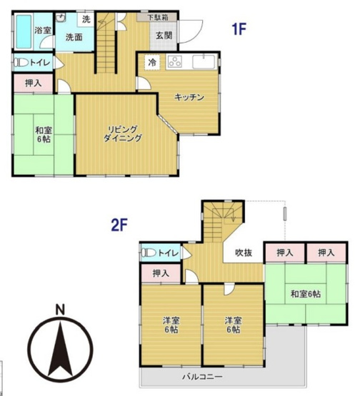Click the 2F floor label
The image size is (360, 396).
click(x=119, y=225)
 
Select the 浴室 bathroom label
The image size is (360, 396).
click(x=42, y=30)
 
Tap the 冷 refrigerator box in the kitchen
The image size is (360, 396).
click(x=151, y=63)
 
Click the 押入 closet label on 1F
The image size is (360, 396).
click(x=33, y=83)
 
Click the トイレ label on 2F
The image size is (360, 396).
click(x=168, y=252)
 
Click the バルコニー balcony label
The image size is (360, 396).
click(x=201, y=376)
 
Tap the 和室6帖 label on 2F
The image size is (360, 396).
click(x=305, y=294)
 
